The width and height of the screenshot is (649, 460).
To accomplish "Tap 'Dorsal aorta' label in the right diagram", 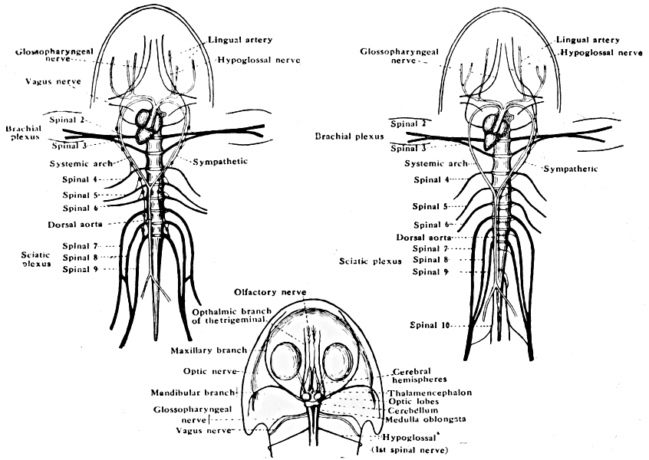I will point(420,238).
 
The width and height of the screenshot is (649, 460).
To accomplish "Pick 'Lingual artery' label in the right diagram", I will point(587,38).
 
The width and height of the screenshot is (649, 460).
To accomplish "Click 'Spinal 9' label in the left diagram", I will point(80,269).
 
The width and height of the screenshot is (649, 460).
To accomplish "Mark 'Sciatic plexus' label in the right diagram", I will point(371,261).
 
